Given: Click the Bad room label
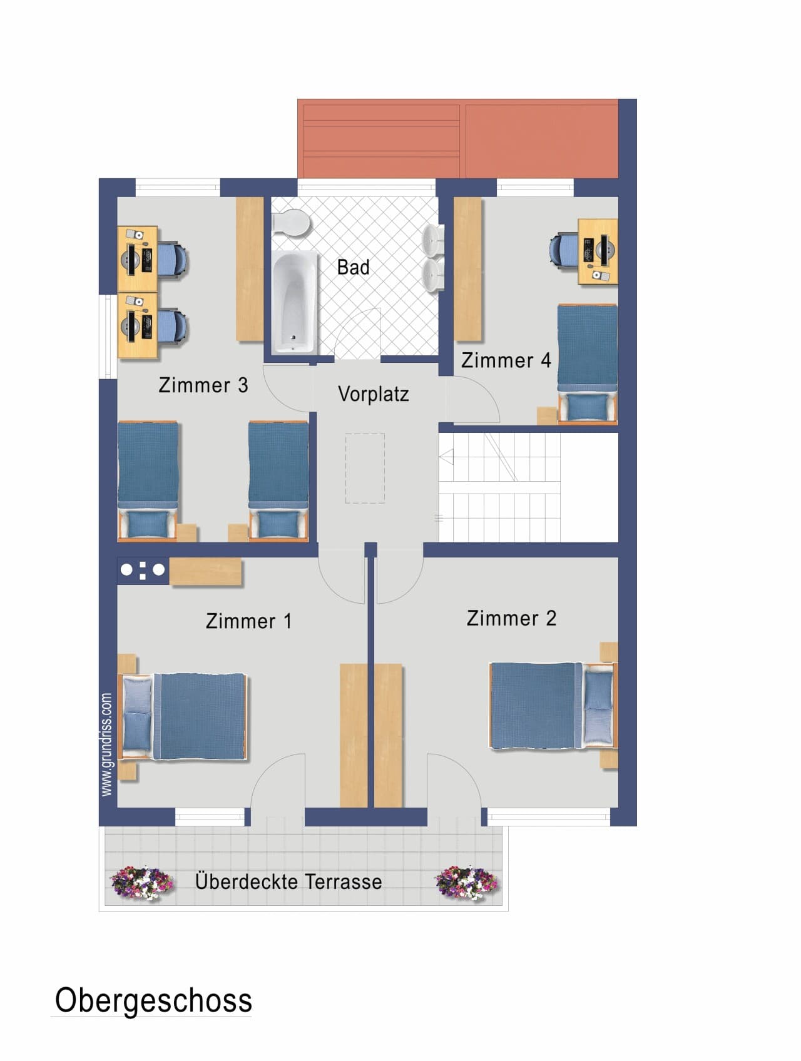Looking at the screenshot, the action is (353, 267).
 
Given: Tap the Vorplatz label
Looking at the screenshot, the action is (374, 394).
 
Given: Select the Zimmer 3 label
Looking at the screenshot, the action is (203, 385).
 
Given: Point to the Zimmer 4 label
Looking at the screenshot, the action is (506, 360).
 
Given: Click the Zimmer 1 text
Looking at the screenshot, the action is (248, 621).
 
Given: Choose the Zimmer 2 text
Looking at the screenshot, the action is (511, 618).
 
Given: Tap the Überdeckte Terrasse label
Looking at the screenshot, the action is (288, 881).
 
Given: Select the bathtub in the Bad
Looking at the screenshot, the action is (294, 302).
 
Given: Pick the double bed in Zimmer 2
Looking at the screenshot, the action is (553, 705).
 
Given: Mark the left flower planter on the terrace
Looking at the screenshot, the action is (142, 883).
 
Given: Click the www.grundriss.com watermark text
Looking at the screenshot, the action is (106, 744).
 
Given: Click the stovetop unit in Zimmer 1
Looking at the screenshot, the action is (143, 570).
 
